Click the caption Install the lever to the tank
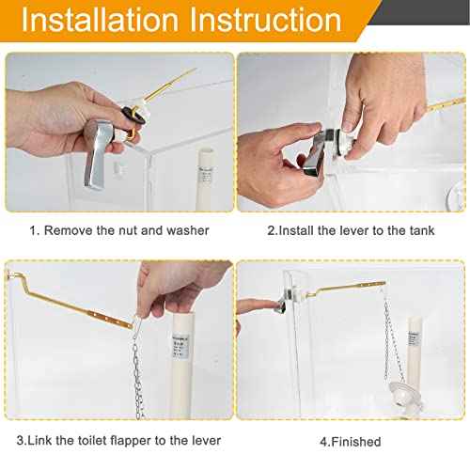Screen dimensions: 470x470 click(351, 230)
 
